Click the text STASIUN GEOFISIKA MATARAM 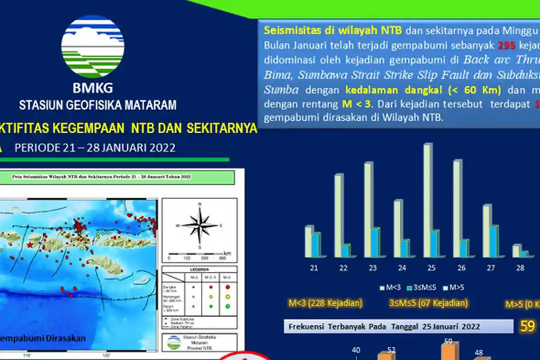pyautogui.click(x=98, y=106)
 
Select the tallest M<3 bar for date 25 pyautogui.click(x=428, y=200)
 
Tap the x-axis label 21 pyautogui.click(x=314, y=268)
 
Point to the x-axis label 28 pyautogui.click(x=520, y=268)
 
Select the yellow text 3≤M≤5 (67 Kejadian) pyautogui.click(x=428, y=303)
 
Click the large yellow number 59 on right pyautogui.click(x=527, y=326)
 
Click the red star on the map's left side pyautogui.click(x=30, y=245)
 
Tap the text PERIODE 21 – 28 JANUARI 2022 pyautogui.click(x=94, y=148)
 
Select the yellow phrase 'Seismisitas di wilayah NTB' pyautogui.click(x=333, y=31)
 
